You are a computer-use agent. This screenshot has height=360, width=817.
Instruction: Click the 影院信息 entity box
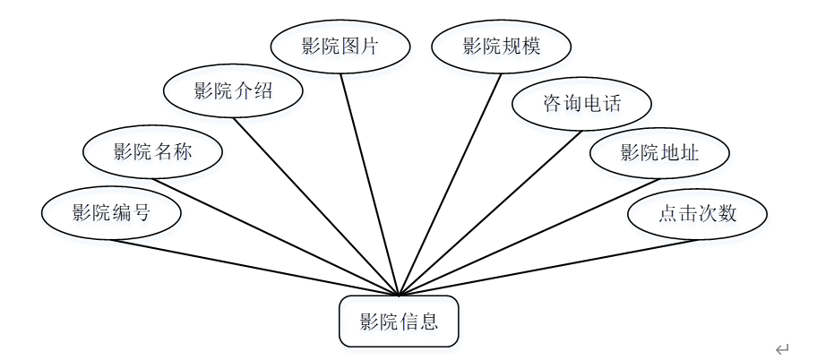pos(399,321)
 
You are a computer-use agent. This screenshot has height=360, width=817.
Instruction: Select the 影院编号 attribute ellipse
pos(111,213)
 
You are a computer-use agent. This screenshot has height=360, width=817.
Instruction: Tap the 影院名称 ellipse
pos(152,152)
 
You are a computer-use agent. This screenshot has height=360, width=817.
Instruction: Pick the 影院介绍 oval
pos(233,90)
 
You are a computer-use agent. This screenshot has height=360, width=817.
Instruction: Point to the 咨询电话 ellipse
pos(581,105)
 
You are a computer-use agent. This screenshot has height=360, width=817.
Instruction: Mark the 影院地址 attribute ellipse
pos(659,152)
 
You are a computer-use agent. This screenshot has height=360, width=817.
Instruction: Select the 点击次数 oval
pos(697,213)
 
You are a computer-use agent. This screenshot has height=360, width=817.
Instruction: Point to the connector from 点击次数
pos(546,266)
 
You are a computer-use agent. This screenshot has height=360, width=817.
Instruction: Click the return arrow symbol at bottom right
pos(782,348)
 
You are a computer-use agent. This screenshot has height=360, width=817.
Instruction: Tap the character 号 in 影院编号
pos(142,213)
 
